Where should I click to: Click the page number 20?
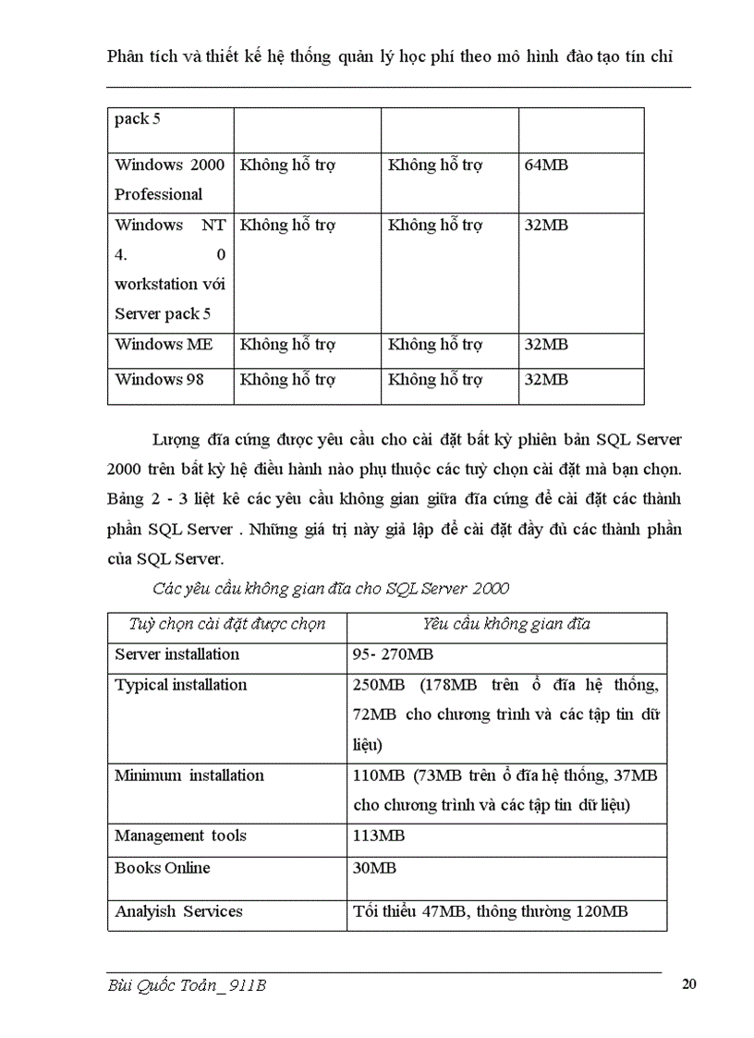[x=688, y=984]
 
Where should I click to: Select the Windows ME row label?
[x=164, y=344]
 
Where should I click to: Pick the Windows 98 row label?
[x=160, y=379]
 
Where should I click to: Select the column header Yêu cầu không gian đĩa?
[x=506, y=624]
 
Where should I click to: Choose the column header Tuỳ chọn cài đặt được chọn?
[x=227, y=624]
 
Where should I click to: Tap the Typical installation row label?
[x=181, y=685]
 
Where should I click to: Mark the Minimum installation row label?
[x=189, y=775]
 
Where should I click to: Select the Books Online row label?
[x=163, y=868]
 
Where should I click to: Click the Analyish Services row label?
[x=178, y=911]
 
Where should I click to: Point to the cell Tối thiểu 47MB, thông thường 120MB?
[x=491, y=911]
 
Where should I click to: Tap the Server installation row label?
[x=176, y=653]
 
